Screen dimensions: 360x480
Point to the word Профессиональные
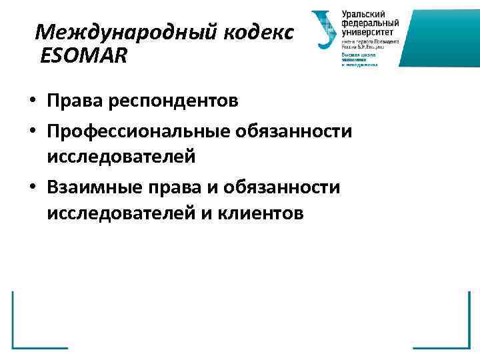(x=137, y=131)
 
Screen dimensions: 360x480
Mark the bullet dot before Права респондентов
(x=32, y=102)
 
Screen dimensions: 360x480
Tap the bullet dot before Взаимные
(x=32, y=189)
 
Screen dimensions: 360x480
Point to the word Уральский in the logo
(x=363, y=14)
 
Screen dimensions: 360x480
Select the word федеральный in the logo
(x=367, y=23)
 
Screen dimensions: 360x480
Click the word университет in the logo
(x=367, y=31)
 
